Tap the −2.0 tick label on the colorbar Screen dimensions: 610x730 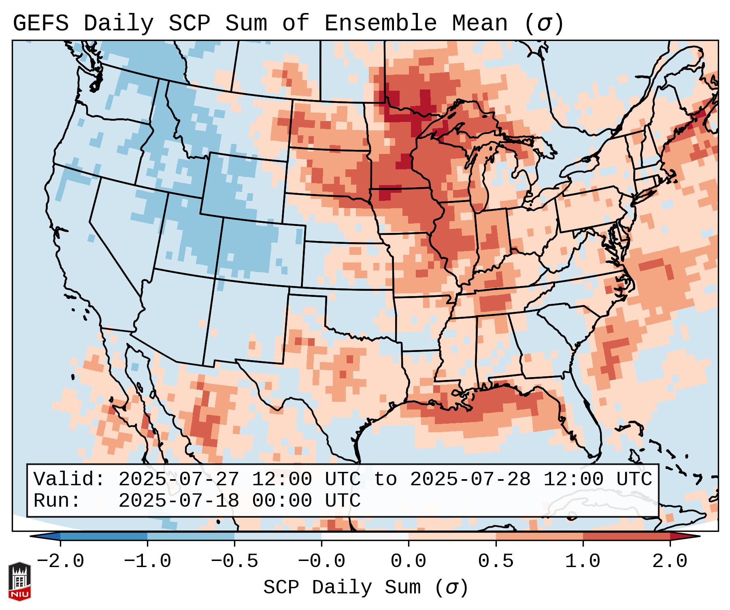coord(60,561)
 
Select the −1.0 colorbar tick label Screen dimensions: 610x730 coord(147,561)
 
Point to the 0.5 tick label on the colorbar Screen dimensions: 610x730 coord(496,561)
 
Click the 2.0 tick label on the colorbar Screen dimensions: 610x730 coord(670,561)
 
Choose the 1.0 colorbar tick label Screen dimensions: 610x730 coord(583,561)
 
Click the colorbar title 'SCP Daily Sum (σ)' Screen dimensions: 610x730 coord(366,588)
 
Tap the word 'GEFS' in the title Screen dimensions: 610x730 coord(40,23)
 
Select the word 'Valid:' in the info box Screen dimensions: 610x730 coord(69,480)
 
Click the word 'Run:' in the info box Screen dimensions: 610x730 coord(57,501)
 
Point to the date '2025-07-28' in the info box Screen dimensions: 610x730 coord(470,480)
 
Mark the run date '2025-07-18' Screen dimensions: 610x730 coord(179,501)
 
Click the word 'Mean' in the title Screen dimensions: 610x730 coord(479,23)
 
